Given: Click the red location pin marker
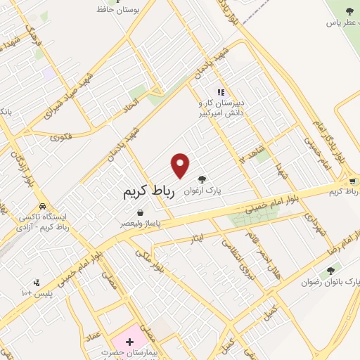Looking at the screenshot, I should pos(181,165).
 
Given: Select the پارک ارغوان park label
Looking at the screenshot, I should pos(203,191).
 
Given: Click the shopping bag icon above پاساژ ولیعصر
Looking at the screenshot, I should pos(141,212).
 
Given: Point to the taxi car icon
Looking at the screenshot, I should pos(44,207).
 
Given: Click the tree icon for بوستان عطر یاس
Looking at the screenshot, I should pos(349,11).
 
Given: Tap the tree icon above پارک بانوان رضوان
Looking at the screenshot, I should pos(330,269).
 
